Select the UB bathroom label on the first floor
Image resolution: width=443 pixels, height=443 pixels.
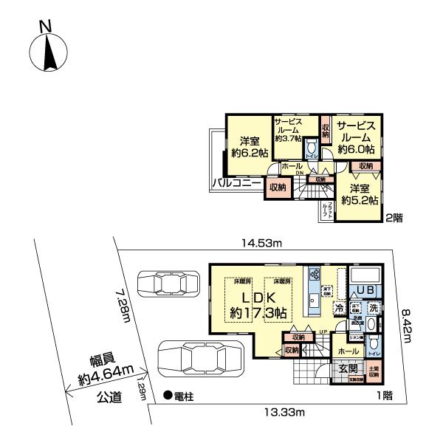[364, 291]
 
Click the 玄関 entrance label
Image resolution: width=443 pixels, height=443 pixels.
[348, 368]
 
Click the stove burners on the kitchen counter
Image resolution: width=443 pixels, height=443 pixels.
[315, 275]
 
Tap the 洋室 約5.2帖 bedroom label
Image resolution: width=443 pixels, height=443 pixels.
[360, 193]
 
